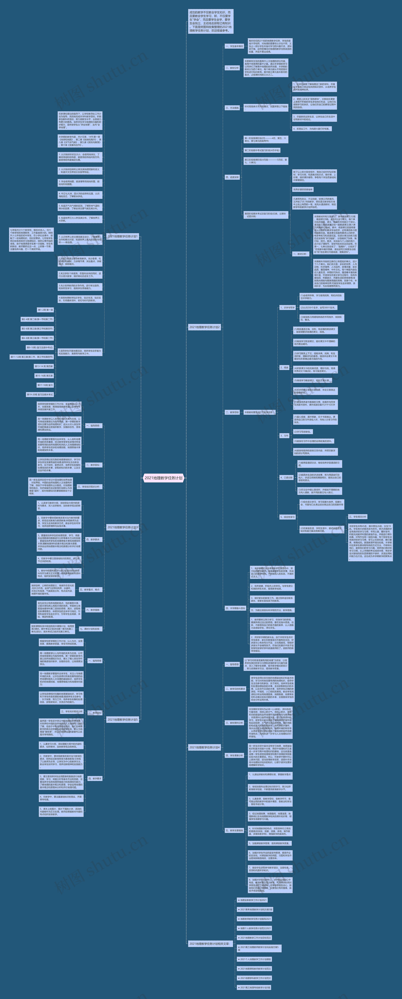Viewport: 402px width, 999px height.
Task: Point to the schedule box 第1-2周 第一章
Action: tap(45, 310)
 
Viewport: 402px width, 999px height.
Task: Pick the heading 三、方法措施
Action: tap(232, 108)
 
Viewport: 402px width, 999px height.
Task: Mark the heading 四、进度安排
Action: tap(232, 177)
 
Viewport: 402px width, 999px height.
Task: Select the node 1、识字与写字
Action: tap(287, 307)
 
